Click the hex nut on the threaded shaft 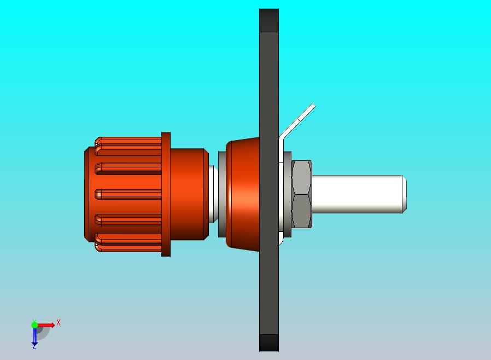pos(302,194)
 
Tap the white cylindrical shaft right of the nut pos(357,194)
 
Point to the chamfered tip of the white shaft pos(405,194)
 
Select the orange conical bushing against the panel pos(243,194)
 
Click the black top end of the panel pos(269,20)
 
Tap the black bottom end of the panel pos(269,343)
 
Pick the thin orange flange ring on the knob pos(166,194)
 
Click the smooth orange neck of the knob pos(189,194)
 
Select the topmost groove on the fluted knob pos(128,146)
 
